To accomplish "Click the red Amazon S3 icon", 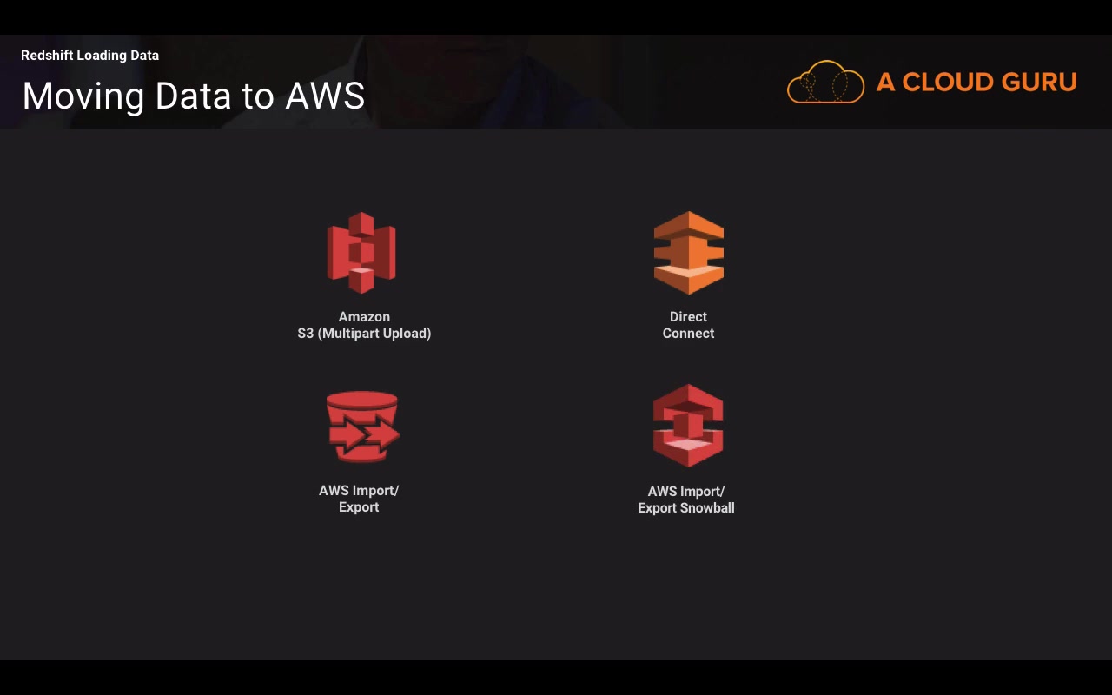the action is pos(361,253).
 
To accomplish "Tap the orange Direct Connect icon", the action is pos(688,253).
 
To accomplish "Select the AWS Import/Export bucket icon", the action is pos(362,427).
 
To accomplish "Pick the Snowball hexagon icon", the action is pos(688,426).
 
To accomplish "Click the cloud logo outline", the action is pos(825,83).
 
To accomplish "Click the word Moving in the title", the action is pos(83,96).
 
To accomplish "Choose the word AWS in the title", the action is pos(325,96).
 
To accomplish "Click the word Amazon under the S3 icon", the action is pos(364,317).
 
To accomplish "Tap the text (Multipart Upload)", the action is pos(374,334).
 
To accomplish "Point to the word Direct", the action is pos(688,317).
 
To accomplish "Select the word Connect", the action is pos(688,334).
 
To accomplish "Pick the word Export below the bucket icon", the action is pos(359,507).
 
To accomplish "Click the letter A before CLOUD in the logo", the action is pos(885,83).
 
